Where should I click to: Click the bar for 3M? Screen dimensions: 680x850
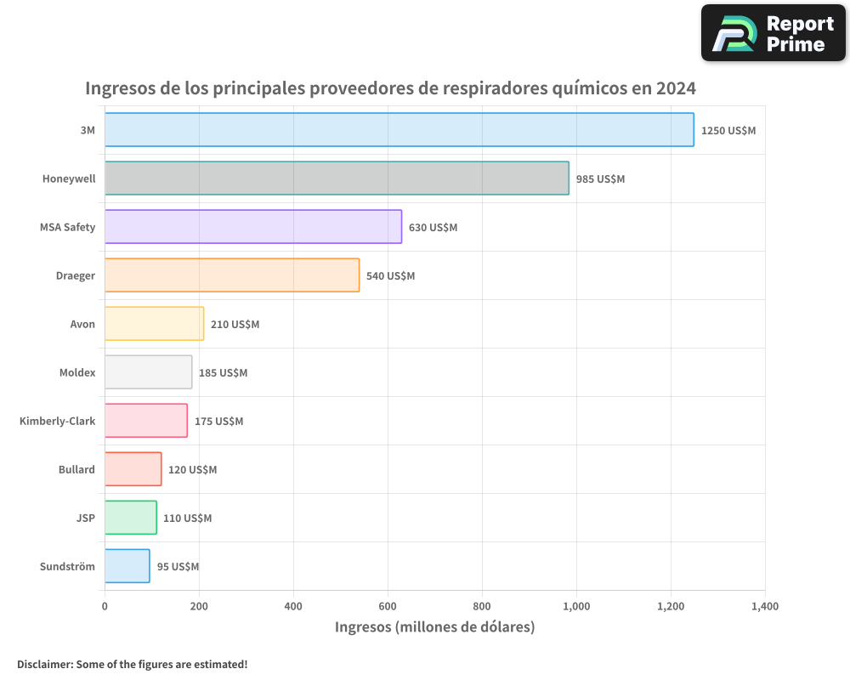pos(399,130)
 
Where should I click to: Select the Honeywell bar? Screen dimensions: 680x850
pos(337,178)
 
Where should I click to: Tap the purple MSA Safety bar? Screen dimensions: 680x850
pos(253,227)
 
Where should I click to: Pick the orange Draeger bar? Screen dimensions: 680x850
pos(232,275)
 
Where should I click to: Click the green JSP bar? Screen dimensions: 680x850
pos(131,518)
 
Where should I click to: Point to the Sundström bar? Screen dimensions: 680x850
pos(127,566)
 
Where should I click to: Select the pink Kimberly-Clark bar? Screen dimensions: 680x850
pos(146,421)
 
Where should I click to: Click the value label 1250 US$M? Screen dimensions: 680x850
pos(728,131)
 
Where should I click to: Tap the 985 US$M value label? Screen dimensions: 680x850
pos(600,179)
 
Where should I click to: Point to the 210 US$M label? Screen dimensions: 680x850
pos(235,325)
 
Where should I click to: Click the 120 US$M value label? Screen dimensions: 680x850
pos(192,470)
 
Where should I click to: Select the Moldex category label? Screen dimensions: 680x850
pos(77,372)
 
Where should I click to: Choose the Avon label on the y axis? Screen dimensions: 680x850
pos(82,324)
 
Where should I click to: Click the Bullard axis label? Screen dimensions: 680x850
pos(76,469)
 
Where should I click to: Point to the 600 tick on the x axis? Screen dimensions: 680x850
pos(388,606)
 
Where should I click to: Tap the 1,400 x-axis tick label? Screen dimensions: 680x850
pos(764,606)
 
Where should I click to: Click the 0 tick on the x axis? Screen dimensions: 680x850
pos(105,606)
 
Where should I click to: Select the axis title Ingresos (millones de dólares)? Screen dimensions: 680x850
pos(434,627)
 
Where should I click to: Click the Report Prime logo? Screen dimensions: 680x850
pos(773,33)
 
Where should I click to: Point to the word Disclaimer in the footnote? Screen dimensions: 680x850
pos(44,664)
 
